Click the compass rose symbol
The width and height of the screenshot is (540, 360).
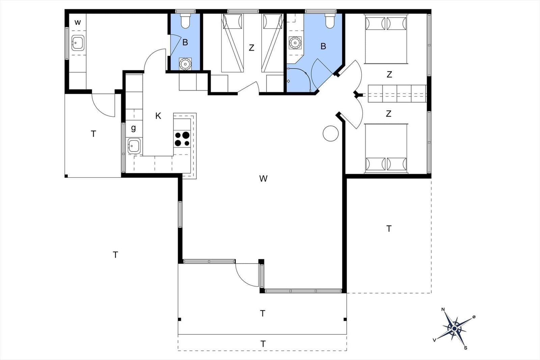[x=454, y=328]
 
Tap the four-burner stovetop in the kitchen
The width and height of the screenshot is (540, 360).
[x=182, y=139]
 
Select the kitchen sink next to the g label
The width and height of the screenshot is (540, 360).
[x=134, y=146]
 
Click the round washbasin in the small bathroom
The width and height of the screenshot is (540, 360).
[x=185, y=64]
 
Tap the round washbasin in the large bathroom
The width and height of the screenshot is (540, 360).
[x=295, y=43]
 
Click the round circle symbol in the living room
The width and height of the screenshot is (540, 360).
[x=330, y=134]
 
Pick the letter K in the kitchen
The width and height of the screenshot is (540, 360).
[x=158, y=116]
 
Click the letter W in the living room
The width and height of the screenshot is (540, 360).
[x=263, y=178]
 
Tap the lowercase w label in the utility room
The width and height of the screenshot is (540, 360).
[x=78, y=22]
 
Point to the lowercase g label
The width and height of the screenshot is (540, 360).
[x=133, y=128]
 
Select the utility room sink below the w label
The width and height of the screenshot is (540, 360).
[x=78, y=43]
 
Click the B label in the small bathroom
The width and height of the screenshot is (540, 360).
[x=185, y=43]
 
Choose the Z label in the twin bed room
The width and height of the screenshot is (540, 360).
[x=251, y=48]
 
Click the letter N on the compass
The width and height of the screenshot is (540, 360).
[x=443, y=309]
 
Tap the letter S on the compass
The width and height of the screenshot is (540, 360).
[x=466, y=348]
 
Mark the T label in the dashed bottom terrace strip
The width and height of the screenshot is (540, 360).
[x=263, y=344]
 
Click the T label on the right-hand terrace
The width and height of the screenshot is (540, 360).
[x=389, y=228]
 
